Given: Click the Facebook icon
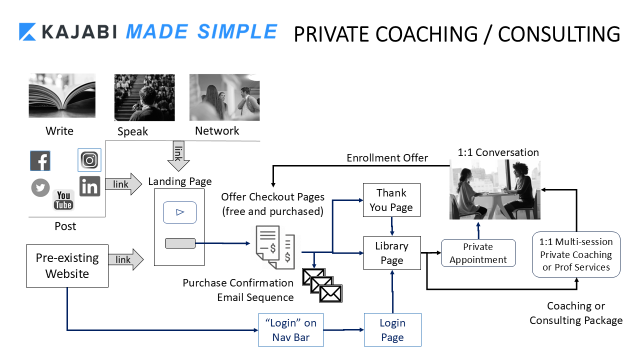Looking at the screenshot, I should pyautogui.click(x=40, y=161).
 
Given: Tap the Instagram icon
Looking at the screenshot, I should pyautogui.click(x=89, y=160).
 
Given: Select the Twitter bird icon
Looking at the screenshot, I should pyautogui.click(x=40, y=188).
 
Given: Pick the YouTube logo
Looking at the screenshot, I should pyautogui.click(x=63, y=199).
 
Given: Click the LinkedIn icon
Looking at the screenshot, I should pyautogui.click(x=90, y=186).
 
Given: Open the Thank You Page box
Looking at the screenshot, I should pyautogui.click(x=391, y=200).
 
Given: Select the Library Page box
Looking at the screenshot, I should pyautogui.click(x=391, y=253).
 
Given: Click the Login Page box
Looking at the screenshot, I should pyautogui.click(x=392, y=330).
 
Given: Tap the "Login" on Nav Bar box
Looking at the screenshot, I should pyautogui.click(x=291, y=330).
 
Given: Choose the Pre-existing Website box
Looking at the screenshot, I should pyautogui.click(x=67, y=266).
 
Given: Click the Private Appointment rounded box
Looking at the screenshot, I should pyautogui.click(x=478, y=253).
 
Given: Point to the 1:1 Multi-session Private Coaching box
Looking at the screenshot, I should pyautogui.click(x=576, y=254).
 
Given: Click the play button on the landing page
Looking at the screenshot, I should pyautogui.click(x=180, y=212).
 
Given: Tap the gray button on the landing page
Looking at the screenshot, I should pyautogui.click(x=180, y=243).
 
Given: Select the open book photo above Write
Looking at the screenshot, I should pyautogui.click(x=62, y=95).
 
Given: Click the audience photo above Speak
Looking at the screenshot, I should pyautogui.click(x=144, y=97).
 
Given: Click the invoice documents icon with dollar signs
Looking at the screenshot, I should pyautogui.click(x=272, y=246).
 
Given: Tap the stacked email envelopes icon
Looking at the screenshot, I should pyautogui.click(x=322, y=284).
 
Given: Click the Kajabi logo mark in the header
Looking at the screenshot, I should pyautogui.click(x=28, y=32).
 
